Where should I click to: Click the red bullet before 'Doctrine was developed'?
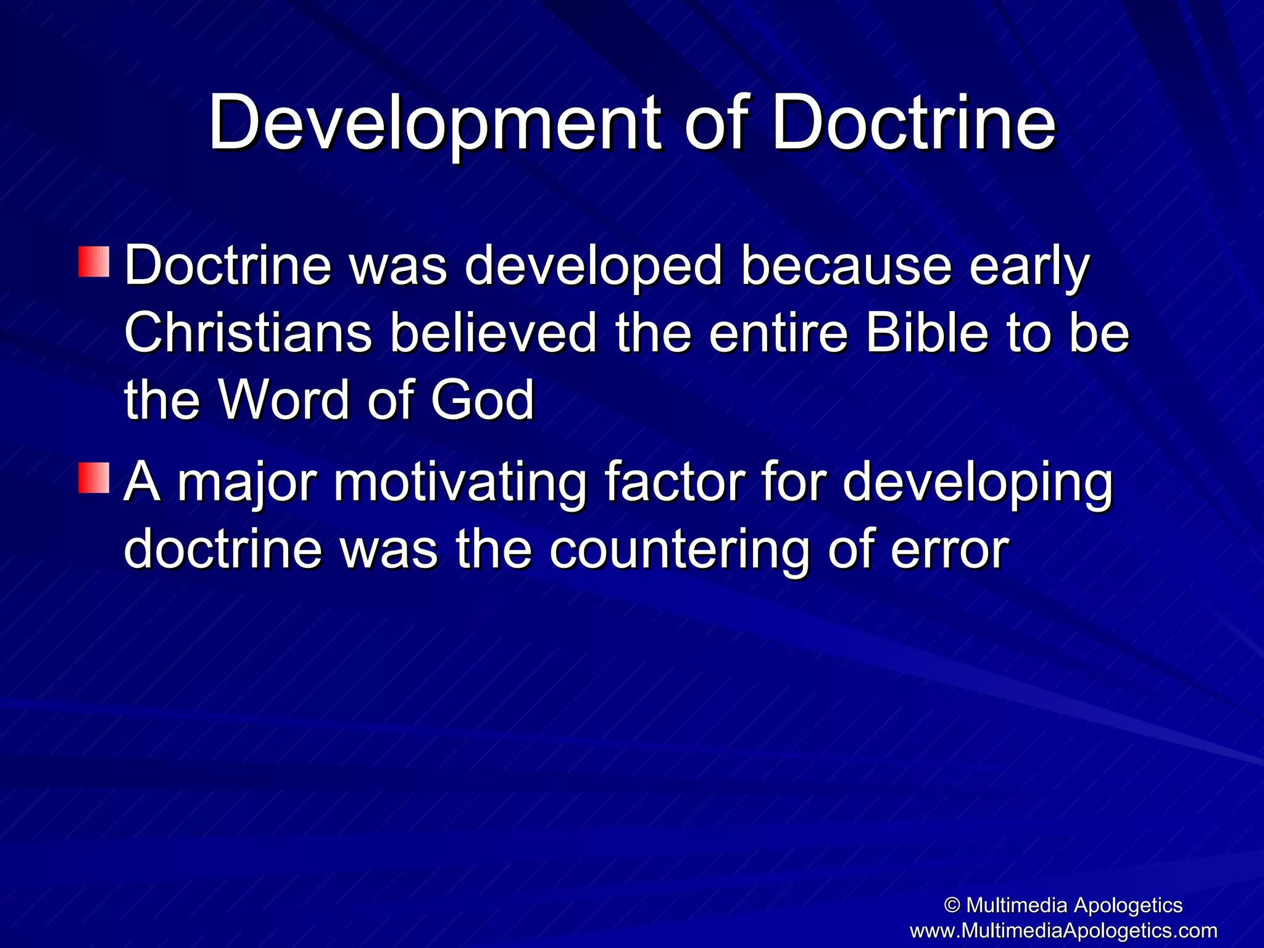tap(94, 262)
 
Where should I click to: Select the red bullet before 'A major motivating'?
tap(94, 478)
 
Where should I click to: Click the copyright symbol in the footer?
tap(952, 905)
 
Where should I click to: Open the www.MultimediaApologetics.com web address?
tap(1063, 930)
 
